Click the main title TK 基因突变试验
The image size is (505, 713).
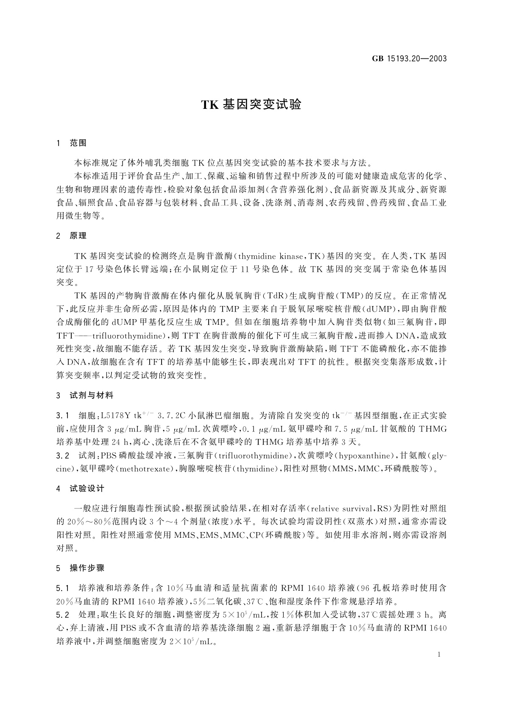pos(251,105)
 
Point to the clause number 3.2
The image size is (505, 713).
pos(62,456)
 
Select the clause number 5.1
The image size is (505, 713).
pos(62,588)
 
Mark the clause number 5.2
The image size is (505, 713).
pos(62,614)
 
